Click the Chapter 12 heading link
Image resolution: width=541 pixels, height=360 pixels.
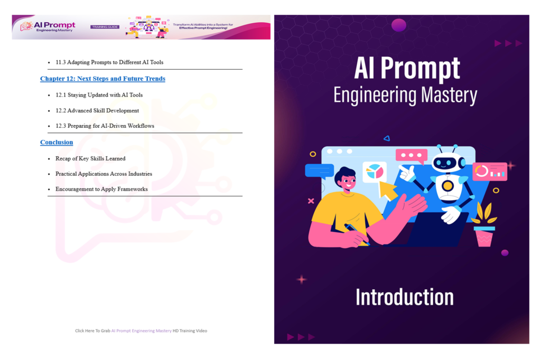pyautogui.click(x=102, y=79)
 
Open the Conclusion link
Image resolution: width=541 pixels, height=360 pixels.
pyautogui.click(x=57, y=142)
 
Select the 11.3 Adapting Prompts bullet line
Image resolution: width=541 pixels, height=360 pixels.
pyautogui.click(x=109, y=62)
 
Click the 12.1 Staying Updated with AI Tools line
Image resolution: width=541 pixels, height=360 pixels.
pyautogui.click(x=99, y=95)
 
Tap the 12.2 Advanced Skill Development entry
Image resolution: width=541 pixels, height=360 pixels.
pyautogui.click(x=97, y=111)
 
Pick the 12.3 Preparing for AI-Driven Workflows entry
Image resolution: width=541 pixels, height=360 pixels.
pyautogui.click(x=105, y=126)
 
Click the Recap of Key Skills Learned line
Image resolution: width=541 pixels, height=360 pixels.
pyautogui.click(x=90, y=158)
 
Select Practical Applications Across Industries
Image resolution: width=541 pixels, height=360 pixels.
pyautogui.click(x=104, y=174)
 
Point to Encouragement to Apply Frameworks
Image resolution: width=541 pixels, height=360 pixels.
pyautogui.click(x=101, y=189)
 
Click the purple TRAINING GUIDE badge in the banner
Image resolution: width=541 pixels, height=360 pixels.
pyautogui.click(x=105, y=27)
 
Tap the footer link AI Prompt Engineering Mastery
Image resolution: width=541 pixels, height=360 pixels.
pyautogui.click(x=142, y=330)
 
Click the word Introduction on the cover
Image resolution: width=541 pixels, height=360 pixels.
pyautogui.click(x=405, y=297)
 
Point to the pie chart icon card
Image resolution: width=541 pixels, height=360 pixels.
pyautogui.click(x=375, y=172)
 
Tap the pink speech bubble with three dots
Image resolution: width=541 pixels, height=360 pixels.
pyautogui.click(x=412, y=156)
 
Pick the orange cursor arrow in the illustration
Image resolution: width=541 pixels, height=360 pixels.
pyautogui.click(x=387, y=190)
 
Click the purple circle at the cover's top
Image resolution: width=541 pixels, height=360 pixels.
pyautogui.click(x=399, y=25)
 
